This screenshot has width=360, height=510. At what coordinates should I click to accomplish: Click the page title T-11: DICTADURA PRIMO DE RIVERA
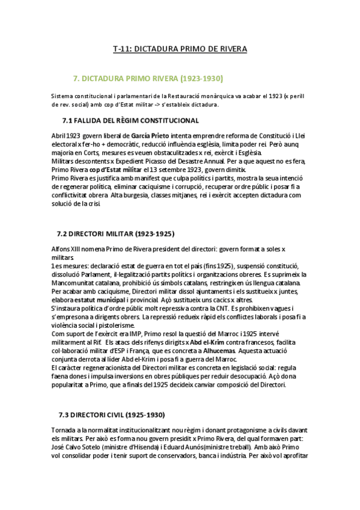(x=180, y=48)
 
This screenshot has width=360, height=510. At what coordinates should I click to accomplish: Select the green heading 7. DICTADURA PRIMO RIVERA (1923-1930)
(x=148, y=78)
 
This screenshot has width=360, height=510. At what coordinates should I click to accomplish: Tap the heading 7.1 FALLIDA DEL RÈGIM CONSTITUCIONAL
(x=130, y=121)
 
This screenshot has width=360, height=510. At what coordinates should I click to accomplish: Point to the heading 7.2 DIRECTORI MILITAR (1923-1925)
(x=115, y=233)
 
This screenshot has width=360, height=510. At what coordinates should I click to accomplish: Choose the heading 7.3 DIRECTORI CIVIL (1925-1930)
(x=111, y=415)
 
